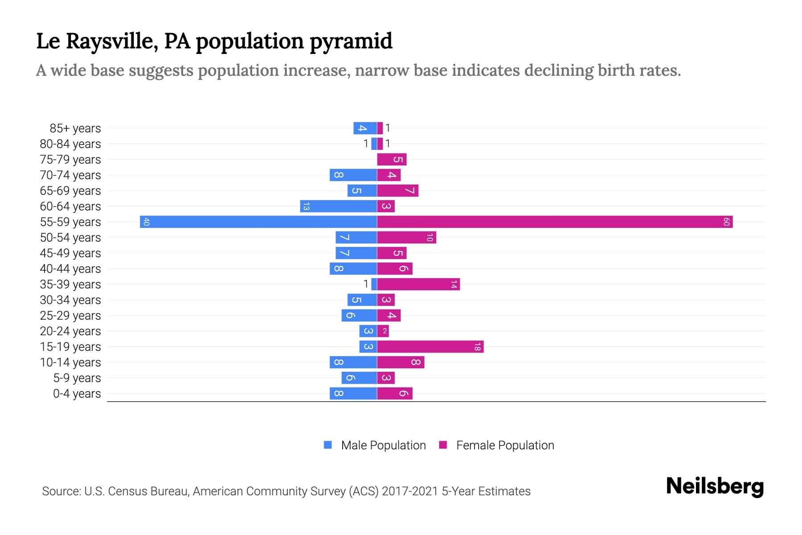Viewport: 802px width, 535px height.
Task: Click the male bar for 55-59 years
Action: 258,222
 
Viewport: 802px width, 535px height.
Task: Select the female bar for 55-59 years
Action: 555,222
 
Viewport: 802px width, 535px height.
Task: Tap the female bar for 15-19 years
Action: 430,346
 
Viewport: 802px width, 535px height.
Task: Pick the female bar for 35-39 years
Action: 418,284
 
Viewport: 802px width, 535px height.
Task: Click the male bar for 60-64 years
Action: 339,206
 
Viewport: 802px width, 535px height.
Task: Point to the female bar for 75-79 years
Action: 392,159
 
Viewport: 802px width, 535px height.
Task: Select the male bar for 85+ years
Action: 365,128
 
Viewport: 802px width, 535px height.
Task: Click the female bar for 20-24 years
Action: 383,331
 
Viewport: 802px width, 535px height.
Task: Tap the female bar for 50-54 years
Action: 406,237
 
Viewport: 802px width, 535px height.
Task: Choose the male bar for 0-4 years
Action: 353,393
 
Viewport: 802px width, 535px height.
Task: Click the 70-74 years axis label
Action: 70,175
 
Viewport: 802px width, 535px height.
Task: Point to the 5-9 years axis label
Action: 77,378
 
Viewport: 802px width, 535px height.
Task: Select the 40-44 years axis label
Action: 70,269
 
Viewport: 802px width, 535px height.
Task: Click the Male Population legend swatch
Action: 328,445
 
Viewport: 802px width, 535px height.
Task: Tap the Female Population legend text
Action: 505,445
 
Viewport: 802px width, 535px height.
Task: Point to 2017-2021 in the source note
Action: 409,491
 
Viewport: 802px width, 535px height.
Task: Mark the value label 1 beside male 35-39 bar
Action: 366,284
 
